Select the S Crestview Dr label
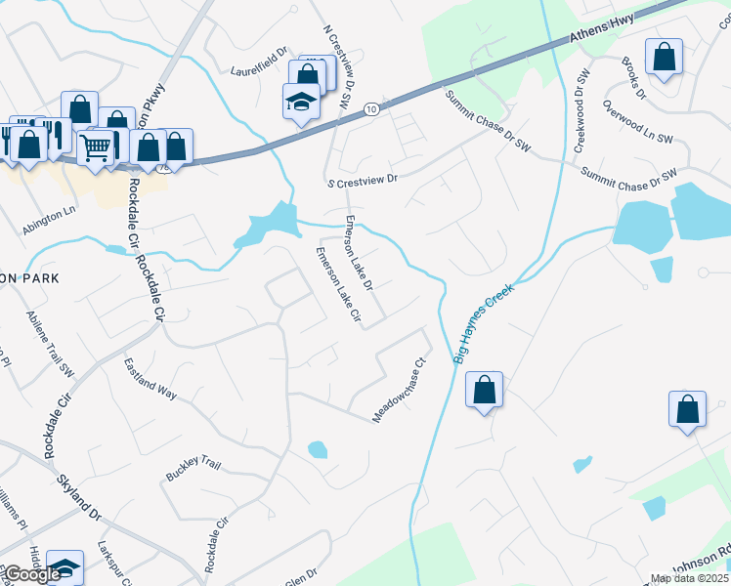click(364, 181)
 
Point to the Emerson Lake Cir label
click(337, 286)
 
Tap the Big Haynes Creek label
click(484, 324)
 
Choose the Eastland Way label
click(150, 379)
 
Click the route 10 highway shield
click(369, 110)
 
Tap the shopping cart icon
click(96, 147)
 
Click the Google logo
click(33, 575)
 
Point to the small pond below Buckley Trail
click(317, 450)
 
